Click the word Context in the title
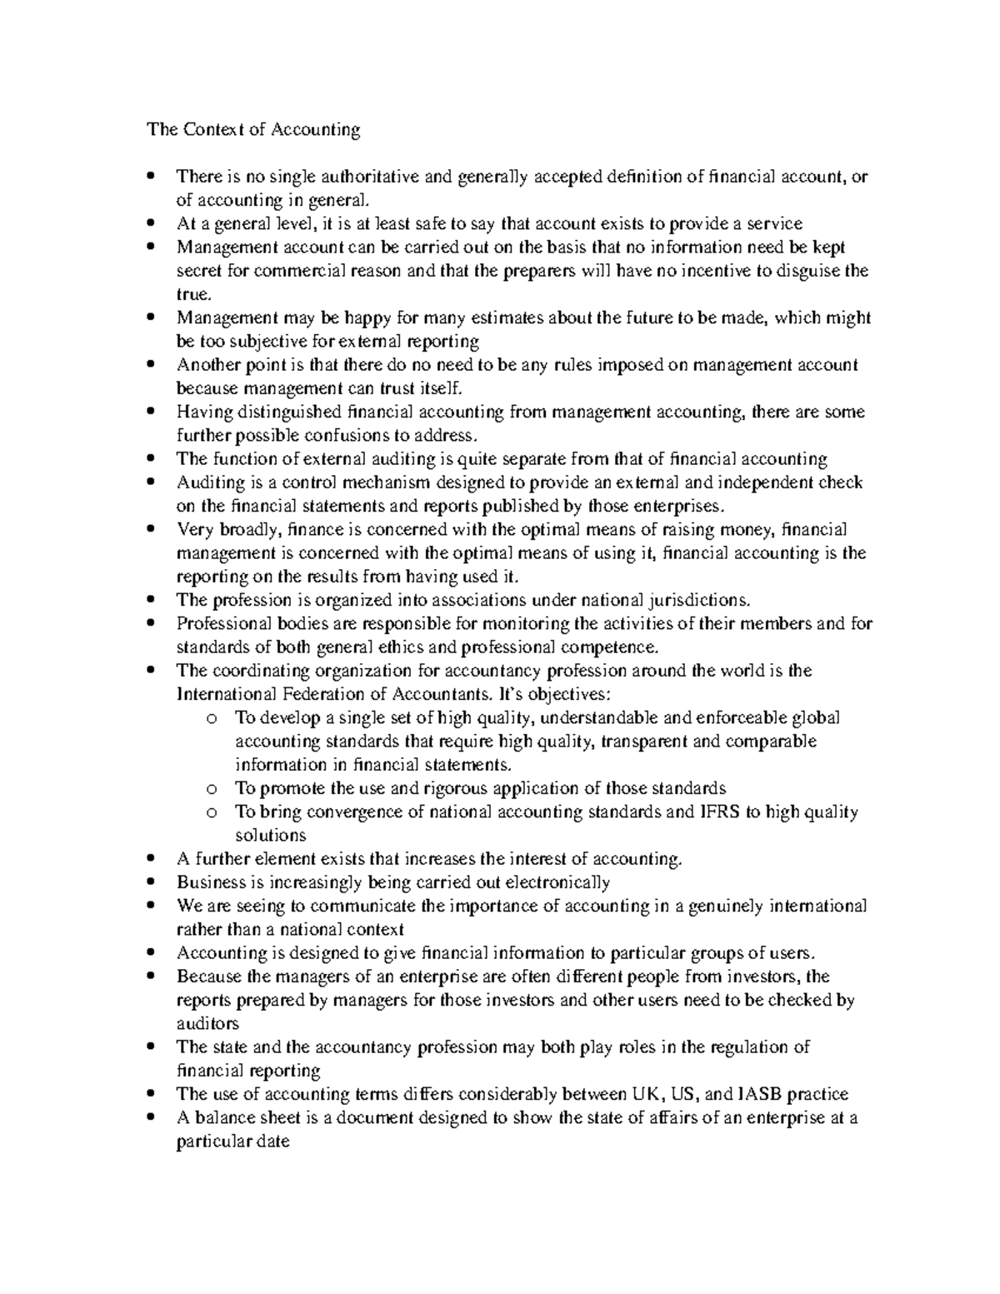(x=212, y=129)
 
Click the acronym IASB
(x=759, y=1094)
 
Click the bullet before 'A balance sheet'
(x=150, y=1117)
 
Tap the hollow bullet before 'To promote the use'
(x=212, y=789)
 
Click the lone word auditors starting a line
(x=207, y=1023)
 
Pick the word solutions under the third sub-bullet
(x=271, y=835)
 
